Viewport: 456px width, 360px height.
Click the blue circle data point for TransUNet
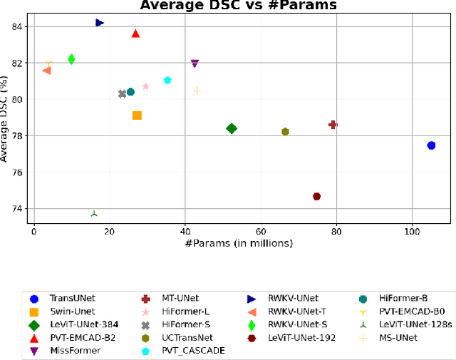pyautogui.click(x=431, y=145)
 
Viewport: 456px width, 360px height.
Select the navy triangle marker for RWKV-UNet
pyautogui.click(x=100, y=23)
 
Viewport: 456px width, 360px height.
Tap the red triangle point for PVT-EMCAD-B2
pyautogui.click(x=135, y=34)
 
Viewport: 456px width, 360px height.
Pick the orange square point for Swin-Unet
pyautogui.click(x=137, y=115)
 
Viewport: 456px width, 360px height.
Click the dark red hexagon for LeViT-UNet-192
pyautogui.click(x=316, y=196)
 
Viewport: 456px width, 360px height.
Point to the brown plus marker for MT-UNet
pyautogui.click(x=333, y=125)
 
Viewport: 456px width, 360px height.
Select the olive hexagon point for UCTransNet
pyautogui.click(x=285, y=131)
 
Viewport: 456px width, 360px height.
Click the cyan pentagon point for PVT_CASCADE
pyautogui.click(x=167, y=80)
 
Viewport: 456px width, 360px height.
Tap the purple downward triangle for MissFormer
pyautogui.click(x=195, y=63)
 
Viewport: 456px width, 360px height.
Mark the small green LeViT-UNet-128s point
pyautogui.click(x=94, y=213)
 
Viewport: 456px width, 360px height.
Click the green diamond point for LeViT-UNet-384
pyautogui.click(x=231, y=128)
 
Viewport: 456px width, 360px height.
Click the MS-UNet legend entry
pyautogui.click(x=393, y=337)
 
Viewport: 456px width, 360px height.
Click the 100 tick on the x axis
pyautogui.click(x=412, y=232)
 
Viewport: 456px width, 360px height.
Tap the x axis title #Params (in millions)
pyautogui.click(x=239, y=243)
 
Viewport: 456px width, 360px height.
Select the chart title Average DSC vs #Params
pyautogui.click(x=238, y=6)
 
